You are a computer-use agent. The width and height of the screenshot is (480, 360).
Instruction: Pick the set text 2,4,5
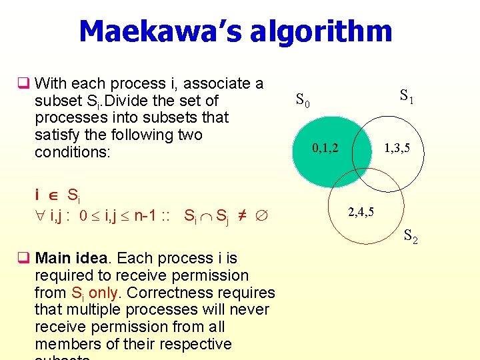coord(361,213)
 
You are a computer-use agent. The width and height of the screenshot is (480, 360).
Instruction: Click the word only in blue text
coord(101,293)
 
